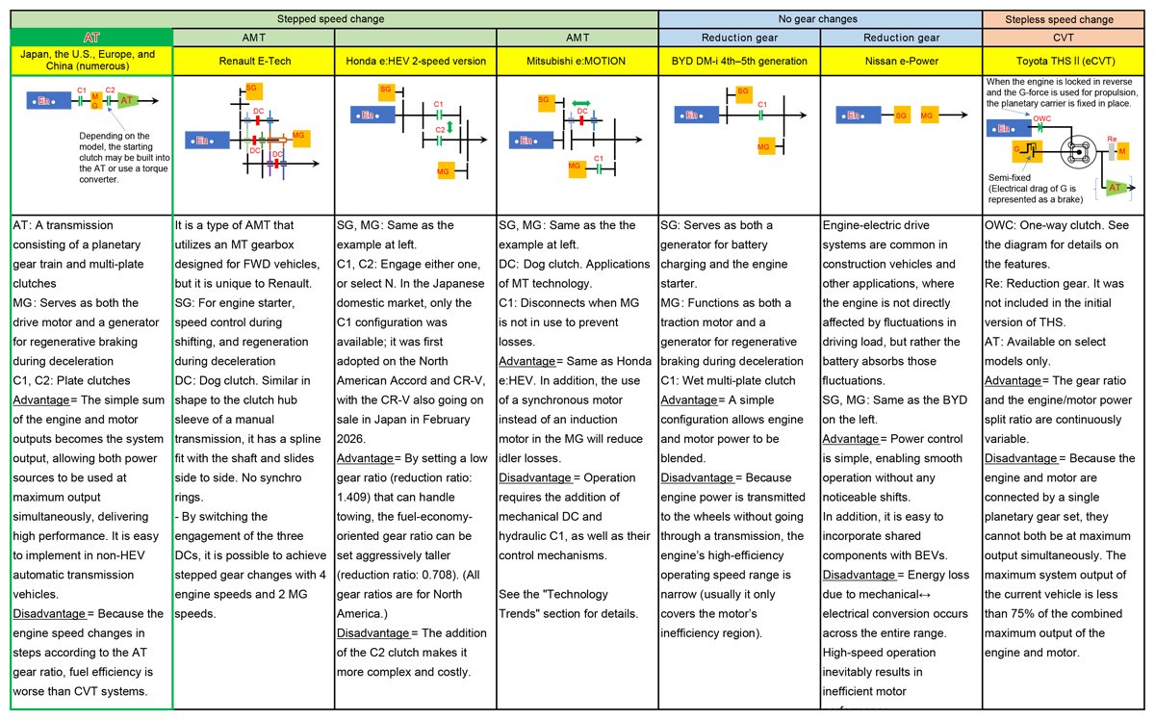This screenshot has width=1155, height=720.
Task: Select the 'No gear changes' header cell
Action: coord(819,18)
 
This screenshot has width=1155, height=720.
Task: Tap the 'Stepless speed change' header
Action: coord(1063,18)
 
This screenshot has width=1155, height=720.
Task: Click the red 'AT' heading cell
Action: coord(91,37)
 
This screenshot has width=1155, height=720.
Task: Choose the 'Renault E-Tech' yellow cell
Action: coord(253,61)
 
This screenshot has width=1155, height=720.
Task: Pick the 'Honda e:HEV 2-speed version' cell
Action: coord(415,61)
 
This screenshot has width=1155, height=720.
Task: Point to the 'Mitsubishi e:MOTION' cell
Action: coord(577,61)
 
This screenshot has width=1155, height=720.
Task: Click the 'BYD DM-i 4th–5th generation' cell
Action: coord(738,61)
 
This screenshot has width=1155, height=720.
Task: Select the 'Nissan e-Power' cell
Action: coord(900,61)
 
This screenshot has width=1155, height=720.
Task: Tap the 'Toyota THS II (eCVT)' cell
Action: coord(1063,61)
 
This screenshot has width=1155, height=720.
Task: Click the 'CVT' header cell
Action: coord(1063,37)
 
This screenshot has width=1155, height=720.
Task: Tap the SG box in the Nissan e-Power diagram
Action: coord(902,116)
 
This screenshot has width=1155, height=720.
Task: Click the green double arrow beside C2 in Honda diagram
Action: coord(449,127)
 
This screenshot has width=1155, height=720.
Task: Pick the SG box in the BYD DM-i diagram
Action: coord(742,91)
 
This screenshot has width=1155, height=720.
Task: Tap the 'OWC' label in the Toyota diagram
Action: coord(1041,118)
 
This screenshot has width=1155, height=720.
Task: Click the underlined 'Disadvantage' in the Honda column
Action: coord(372,632)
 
